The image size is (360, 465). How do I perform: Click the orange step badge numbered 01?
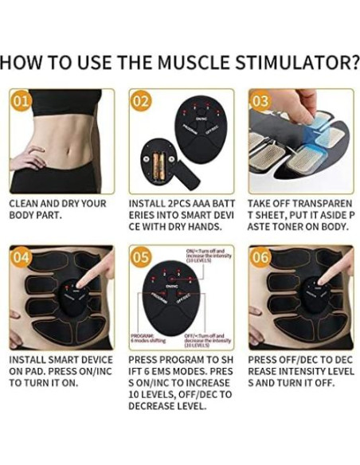(22, 101)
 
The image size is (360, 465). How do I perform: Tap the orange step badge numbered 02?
(141, 101)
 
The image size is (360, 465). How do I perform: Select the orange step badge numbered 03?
(260, 101)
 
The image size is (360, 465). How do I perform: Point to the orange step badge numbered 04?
(22, 258)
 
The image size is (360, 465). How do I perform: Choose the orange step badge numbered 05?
(141, 258)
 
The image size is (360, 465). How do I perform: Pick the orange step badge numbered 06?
(260, 258)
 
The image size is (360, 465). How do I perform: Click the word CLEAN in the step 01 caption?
(25, 204)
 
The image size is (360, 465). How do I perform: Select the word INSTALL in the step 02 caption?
(149, 204)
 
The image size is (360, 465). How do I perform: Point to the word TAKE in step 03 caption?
(262, 204)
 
